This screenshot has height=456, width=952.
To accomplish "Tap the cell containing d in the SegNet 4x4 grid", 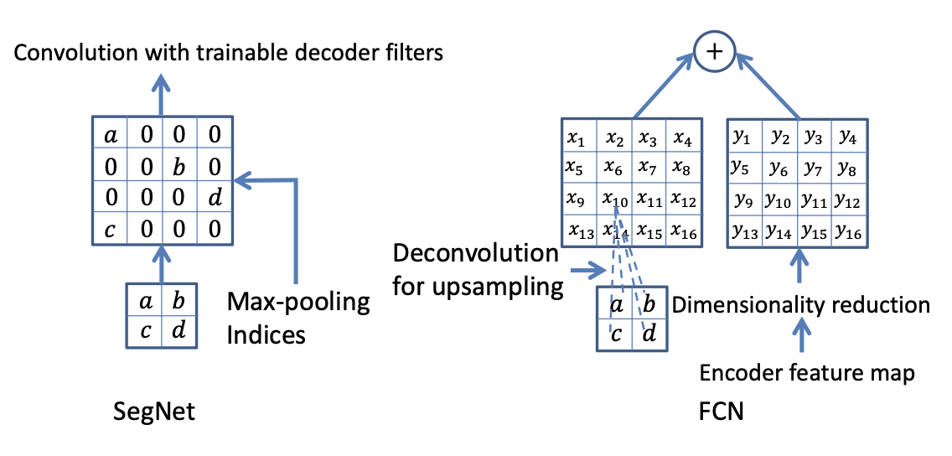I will (215, 196).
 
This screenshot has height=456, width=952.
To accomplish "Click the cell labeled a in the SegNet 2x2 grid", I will (144, 300).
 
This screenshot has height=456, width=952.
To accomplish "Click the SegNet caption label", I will (153, 412).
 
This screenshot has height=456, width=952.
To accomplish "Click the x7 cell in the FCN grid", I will (649, 168).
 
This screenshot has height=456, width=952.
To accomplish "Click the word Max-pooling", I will (298, 303).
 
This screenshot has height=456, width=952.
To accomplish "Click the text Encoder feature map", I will (806, 373).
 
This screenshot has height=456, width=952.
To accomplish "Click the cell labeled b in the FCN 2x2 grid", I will (651, 305).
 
